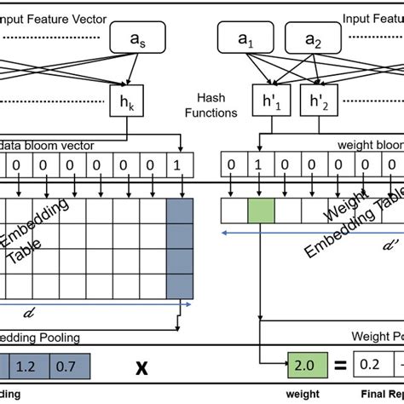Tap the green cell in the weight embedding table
(262, 210)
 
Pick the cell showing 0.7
(66, 366)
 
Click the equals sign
(338, 366)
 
